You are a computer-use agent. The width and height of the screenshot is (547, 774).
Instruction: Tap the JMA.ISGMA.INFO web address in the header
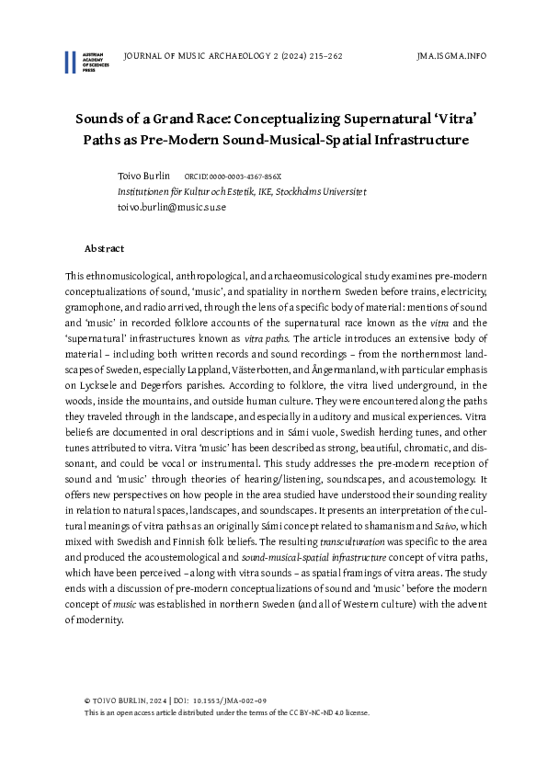(x=451, y=56)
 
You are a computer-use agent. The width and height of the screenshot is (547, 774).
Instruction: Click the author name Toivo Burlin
(x=143, y=175)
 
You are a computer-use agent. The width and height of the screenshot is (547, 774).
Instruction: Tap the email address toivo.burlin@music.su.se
(x=171, y=207)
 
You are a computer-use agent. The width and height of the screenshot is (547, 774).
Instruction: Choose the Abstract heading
(x=104, y=248)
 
